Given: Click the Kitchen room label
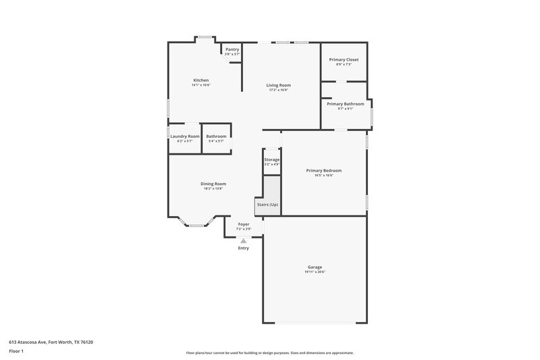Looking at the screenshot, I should (x=200, y=80).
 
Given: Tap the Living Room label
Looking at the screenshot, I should (x=278, y=85).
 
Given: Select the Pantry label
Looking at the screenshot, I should (x=232, y=49).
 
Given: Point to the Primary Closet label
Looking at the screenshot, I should (x=344, y=59).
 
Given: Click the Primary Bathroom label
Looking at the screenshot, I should (x=346, y=104).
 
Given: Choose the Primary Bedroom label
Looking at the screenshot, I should (x=323, y=171).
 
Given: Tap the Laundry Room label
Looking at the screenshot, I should (x=184, y=136).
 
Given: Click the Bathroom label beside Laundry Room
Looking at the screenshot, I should (x=216, y=136).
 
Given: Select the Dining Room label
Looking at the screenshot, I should (x=213, y=184).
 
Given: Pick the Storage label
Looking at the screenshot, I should (x=271, y=159).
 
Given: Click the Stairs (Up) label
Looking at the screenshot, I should (x=267, y=205).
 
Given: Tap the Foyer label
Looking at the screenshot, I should (x=244, y=224).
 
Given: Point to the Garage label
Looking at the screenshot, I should (x=315, y=267).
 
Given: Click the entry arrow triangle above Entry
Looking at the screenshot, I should (x=244, y=240).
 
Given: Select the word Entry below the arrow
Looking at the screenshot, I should (x=244, y=248).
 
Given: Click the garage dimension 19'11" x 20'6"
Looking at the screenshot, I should (x=315, y=272).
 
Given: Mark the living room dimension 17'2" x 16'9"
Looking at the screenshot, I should (x=278, y=91).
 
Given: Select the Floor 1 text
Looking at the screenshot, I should (x=16, y=352).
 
